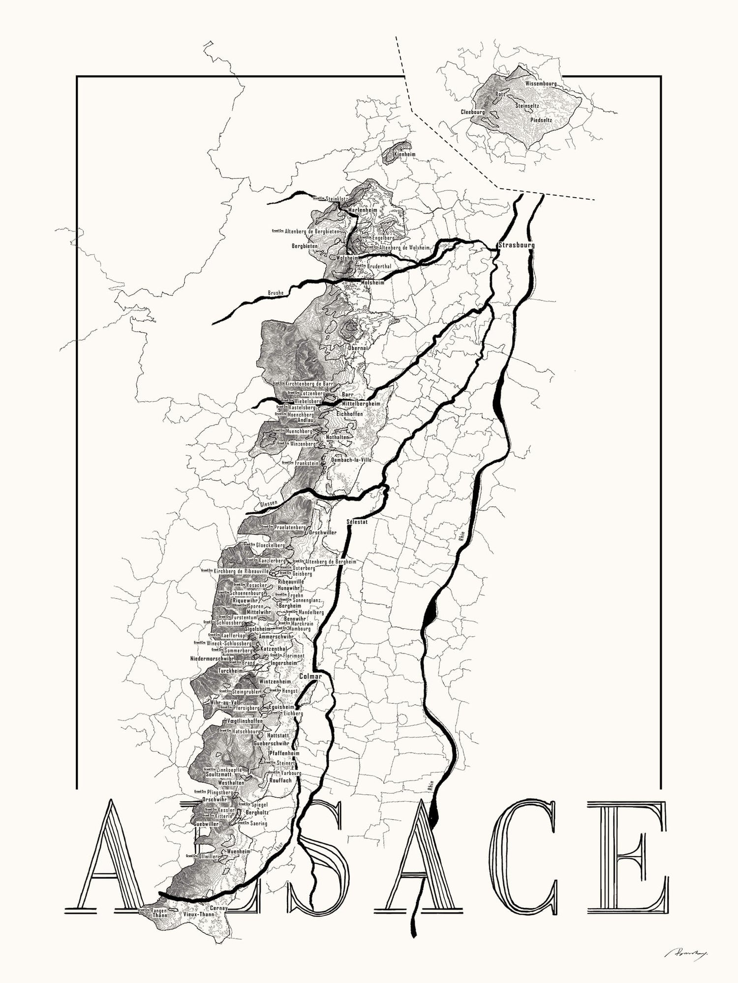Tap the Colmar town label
[310, 677]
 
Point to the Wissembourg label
[541, 84]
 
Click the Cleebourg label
[472, 112]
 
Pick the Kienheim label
[405, 154]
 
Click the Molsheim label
[372, 282]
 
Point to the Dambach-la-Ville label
[351, 459]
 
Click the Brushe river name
[276, 293]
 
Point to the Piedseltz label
[541, 119]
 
